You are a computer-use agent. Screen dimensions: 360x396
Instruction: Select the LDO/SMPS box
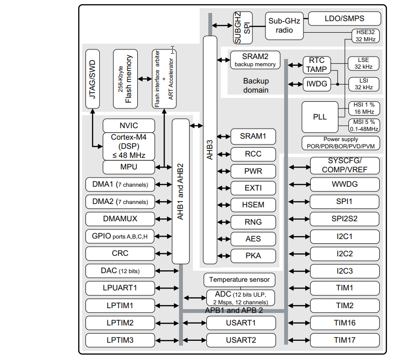point(344,19)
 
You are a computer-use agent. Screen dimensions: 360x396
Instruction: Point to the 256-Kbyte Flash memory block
point(125,79)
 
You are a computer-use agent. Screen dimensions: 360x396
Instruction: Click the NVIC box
point(129,126)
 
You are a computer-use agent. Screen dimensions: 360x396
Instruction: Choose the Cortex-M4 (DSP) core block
point(129,146)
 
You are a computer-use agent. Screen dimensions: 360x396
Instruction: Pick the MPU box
point(129,167)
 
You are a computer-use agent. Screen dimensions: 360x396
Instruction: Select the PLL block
point(320,117)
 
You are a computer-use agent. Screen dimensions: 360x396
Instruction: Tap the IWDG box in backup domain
point(317,84)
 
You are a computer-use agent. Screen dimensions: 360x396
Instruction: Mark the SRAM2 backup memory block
point(255,60)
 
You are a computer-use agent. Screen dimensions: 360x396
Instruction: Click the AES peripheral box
point(253,239)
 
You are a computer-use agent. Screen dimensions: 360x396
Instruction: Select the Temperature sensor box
point(240,279)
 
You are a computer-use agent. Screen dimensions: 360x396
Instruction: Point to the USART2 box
point(241,340)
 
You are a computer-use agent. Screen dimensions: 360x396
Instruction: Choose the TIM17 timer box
point(345,340)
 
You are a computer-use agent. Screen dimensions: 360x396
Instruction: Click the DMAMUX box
point(120,219)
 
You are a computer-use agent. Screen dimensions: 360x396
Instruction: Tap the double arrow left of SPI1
point(300,202)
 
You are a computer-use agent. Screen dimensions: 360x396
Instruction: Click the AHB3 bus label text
point(210,149)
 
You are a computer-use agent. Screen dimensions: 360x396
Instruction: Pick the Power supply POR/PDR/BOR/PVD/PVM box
point(341,143)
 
